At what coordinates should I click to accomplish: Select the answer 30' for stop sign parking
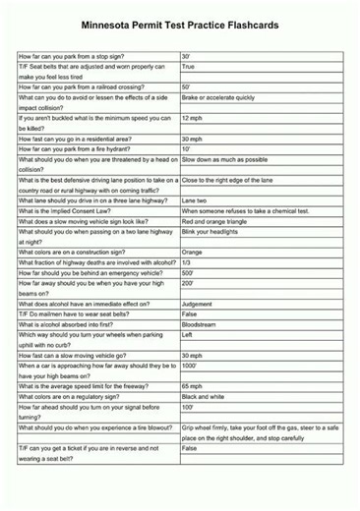[x=187, y=58]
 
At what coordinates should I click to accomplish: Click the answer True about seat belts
[x=189, y=68]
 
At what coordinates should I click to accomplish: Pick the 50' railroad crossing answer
[x=187, y=87]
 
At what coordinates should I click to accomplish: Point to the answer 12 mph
[x=193, y=119]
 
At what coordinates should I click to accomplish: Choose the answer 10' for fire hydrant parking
[x=187, y=148]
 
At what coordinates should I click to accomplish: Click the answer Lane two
[x=195, y=199]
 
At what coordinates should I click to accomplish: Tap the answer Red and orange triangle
[x=218, y=221]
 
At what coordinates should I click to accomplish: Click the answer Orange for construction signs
[x=193, y=253]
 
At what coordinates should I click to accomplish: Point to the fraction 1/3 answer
[x=187, y=262]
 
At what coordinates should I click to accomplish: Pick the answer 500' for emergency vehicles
[x=188, y=272]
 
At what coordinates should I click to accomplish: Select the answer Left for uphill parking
[x=188, y=334]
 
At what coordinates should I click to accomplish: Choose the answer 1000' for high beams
[x=190, y=366]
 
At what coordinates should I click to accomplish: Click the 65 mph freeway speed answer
[x=193, y=386]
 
